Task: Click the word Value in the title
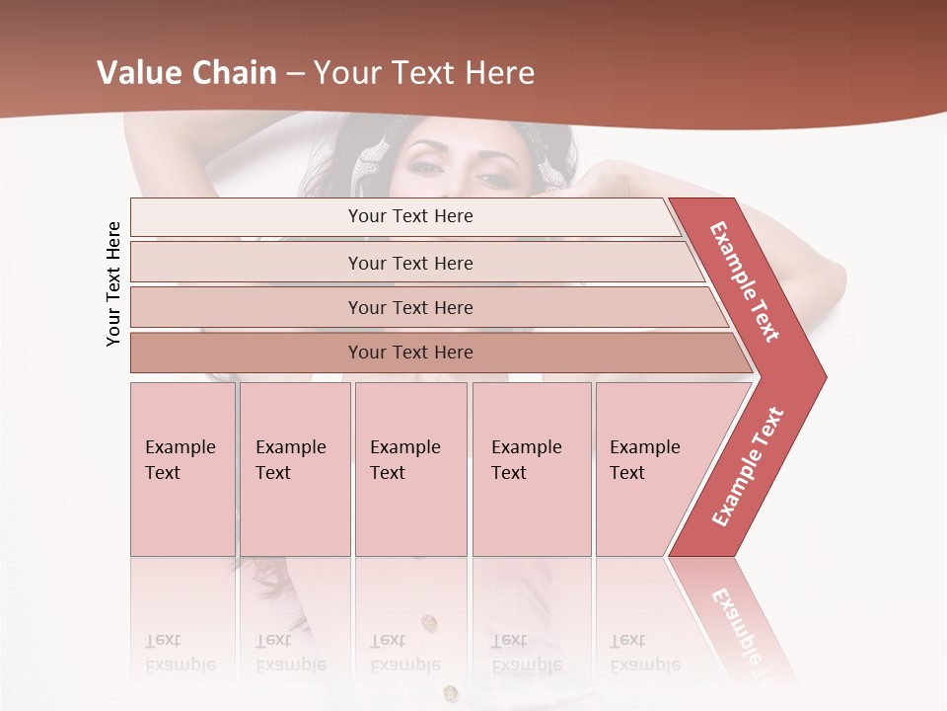click(x=138, y=73)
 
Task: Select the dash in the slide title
click(x=295, y=73)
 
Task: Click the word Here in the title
click(x=499, y=73)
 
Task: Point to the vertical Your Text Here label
click(x=113, y=283)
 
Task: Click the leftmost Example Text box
click(x=182, y=469)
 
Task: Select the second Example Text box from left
click(x=295, y=469)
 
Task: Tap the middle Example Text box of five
click(x=410, y=469)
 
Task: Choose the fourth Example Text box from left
click(x=532, y=469)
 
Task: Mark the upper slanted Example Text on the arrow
click(x=745, y=281)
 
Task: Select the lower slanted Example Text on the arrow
click(x=748, y=466)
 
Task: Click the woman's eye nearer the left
click(x=427, y=166)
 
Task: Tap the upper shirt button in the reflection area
click(x=429, y=622)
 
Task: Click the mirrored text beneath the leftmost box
click(x=181, y=654)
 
